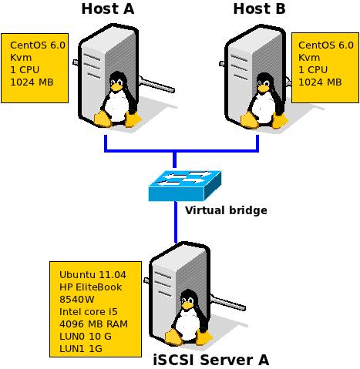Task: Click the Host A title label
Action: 109,9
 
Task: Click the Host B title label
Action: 258,9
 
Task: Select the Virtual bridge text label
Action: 226,210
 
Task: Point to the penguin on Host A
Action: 116,100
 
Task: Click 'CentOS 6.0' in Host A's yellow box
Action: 37,45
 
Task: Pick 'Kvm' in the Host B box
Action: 308,58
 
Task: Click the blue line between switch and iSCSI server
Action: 177,223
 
